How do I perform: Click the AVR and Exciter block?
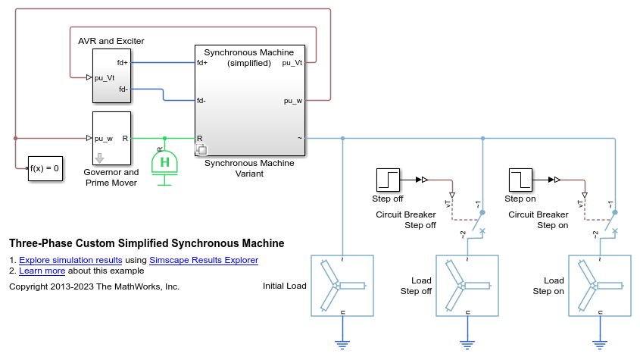tap(111, 75)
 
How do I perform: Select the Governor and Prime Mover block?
tap(111, 139)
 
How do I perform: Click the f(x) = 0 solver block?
tap(44, 167)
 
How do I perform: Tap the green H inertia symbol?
tap(164, 162)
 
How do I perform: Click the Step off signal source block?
tap(388, 180)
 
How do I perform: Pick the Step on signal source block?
tap(520, 180)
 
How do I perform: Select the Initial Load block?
tap(342, 286)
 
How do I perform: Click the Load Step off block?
tap(467, 286)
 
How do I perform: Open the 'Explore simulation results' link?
tap(70, 260)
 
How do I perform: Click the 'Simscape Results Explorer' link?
tap(204, 260)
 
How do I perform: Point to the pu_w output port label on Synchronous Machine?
tap(293, 100)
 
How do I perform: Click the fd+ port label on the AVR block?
tap(123, 62)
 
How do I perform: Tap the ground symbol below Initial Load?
tap(342, 344)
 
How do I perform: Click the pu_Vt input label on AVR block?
tap(104, 77)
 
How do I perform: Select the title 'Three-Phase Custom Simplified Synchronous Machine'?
tap(146, 244)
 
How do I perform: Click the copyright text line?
tap(94, 286)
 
